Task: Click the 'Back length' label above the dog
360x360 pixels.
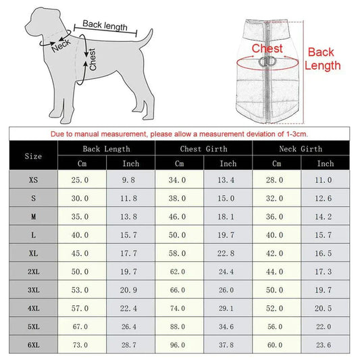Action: click(104, 26)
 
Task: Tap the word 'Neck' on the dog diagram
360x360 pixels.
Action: click(61, 45)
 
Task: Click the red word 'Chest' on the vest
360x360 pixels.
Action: click(267, 49)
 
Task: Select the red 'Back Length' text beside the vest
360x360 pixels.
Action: click(324, 59)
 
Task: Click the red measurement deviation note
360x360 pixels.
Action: click(180, 133)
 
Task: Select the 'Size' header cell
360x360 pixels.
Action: click(33, 156)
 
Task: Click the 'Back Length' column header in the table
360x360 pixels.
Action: click(106, 149)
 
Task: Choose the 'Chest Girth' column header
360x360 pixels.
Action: click(203, 149)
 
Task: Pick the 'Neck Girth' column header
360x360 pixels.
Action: click(301, 149)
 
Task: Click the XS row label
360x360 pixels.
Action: click(33, 180)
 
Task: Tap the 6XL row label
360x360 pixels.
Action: click(33, 344)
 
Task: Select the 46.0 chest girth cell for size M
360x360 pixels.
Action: click(179, 217)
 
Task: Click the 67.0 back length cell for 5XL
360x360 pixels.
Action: click(82, 326)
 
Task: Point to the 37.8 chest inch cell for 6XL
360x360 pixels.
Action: click(228, 344)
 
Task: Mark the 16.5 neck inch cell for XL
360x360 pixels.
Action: click(325, 253)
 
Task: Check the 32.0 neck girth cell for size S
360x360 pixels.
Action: click(276, 199)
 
